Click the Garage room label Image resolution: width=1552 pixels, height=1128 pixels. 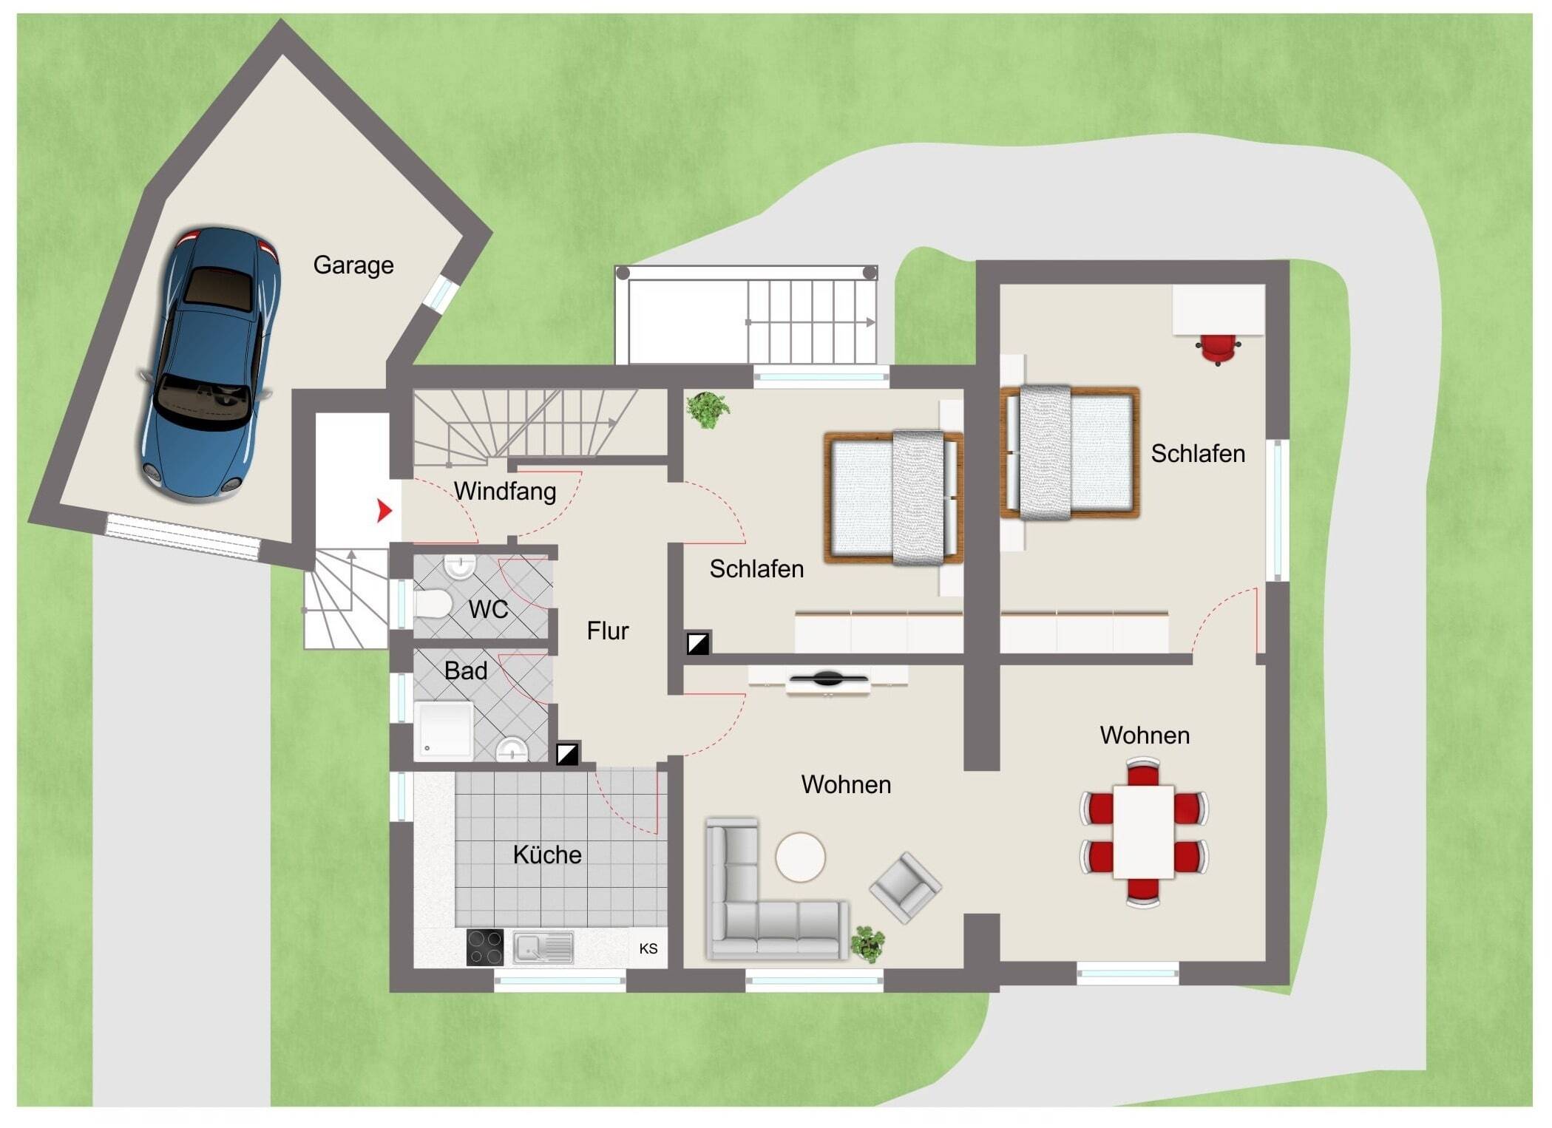(353, 265)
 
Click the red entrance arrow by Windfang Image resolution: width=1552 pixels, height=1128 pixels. (384, 510)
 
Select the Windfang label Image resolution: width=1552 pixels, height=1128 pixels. (505, 491)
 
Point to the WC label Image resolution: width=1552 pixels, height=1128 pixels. (488, 610)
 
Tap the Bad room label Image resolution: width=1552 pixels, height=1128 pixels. (466, 670)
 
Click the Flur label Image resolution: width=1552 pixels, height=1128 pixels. (608, 631)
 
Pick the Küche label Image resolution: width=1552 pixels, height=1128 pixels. (547, 855)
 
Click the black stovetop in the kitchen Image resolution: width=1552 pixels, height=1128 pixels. (485, 947)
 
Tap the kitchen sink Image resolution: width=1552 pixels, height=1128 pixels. (543, 947)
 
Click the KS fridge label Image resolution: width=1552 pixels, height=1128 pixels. (648, 948)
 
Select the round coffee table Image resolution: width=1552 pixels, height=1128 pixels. (801, 857)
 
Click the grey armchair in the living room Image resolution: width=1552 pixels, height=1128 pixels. (905, 887)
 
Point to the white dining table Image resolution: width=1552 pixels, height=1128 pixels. (1144, 832)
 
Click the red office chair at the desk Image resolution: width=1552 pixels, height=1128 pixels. (1218, 349)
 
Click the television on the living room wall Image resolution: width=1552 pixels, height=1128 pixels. (827, 678)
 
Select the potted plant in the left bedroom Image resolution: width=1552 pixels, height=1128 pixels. (708, 410)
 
